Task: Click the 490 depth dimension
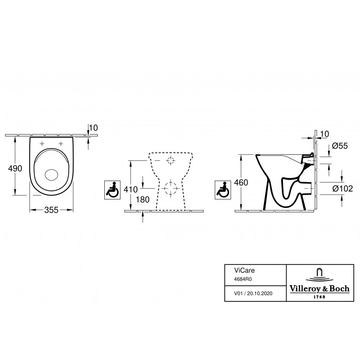[15, 168]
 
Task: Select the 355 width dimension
[51, 210]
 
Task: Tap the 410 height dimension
[131, 189]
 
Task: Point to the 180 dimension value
[143, 199]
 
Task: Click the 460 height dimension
[241, 183]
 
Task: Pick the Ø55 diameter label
[340, 146]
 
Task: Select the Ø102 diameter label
[343, 189]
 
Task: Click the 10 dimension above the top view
[93, 128]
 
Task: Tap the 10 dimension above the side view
[324, 134]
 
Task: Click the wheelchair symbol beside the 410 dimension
[112, 190]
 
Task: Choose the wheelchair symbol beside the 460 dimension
[223, 190]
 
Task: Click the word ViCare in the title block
[244, 270]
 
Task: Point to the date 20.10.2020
[260, 293]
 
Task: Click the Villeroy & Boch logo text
[319, 289]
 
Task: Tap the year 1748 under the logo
[319, 297]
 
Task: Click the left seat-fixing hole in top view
[42, 144]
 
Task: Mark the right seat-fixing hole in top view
[61, 144]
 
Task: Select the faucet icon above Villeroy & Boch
[319, 275]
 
